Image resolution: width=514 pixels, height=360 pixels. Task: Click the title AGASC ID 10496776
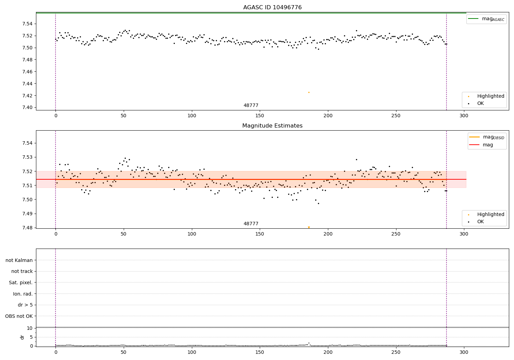point(272,8)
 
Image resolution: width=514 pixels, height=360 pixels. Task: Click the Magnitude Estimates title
point(272,126)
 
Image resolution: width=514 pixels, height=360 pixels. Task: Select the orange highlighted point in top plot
point(309,92)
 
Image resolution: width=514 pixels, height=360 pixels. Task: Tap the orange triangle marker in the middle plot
point(309,227)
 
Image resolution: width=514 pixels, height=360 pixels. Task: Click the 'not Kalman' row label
point(19,260)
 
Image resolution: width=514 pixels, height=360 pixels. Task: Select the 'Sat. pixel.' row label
point(21,283)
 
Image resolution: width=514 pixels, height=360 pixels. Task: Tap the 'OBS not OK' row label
point(19,316)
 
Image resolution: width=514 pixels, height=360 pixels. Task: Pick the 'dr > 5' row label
point(25,305)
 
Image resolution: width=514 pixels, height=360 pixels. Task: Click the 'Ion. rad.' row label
point(23,294)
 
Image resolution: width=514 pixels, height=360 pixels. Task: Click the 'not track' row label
point(22,271)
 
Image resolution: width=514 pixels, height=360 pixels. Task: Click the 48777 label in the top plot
point(251,106)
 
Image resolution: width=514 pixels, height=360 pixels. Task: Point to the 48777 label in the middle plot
point(251,224)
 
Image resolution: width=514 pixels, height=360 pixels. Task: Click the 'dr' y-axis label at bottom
point(22,337)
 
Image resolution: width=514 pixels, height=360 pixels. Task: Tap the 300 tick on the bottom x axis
point(464,352)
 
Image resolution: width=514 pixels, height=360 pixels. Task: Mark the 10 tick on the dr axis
point(29,328)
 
